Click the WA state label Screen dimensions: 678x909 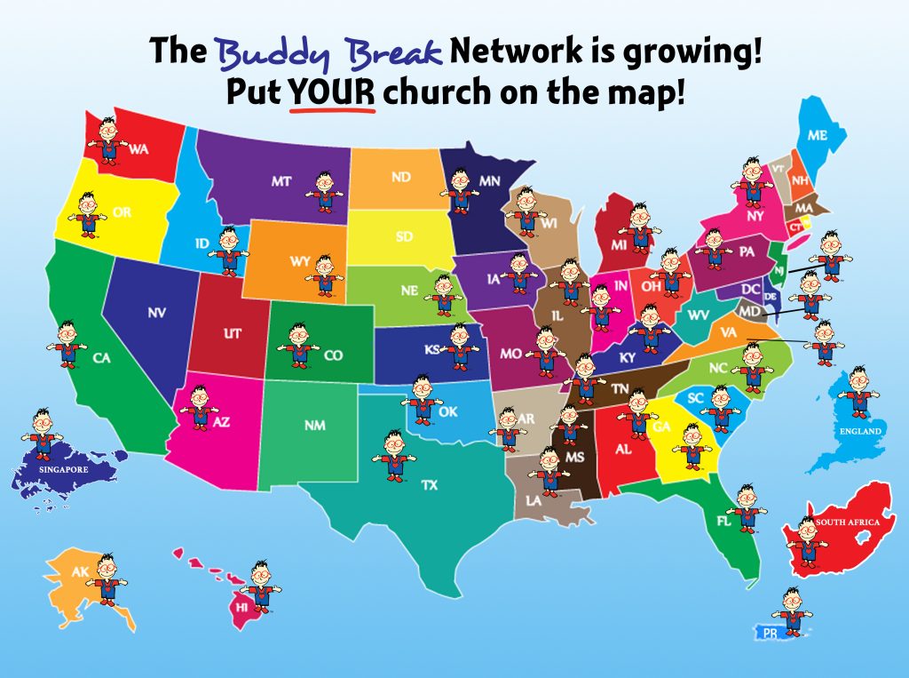pos(138,150)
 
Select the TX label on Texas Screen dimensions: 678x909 pos(430,485)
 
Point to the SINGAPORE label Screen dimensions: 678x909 pos(59,465)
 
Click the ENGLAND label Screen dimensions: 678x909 pos(861,432)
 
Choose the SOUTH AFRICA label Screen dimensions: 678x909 pos(848,522)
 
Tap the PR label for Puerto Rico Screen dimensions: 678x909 pos(769,633)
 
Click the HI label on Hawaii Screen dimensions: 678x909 pos(241,606)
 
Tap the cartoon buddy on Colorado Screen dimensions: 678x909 pos(299,344)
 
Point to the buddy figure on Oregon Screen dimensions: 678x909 pos(87,213)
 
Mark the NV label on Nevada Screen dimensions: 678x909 pos(156,313)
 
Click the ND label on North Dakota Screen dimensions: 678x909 pos(401,178)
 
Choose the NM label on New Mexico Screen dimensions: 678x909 pos(314,426)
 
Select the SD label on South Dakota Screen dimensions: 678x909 pos(404,237)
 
